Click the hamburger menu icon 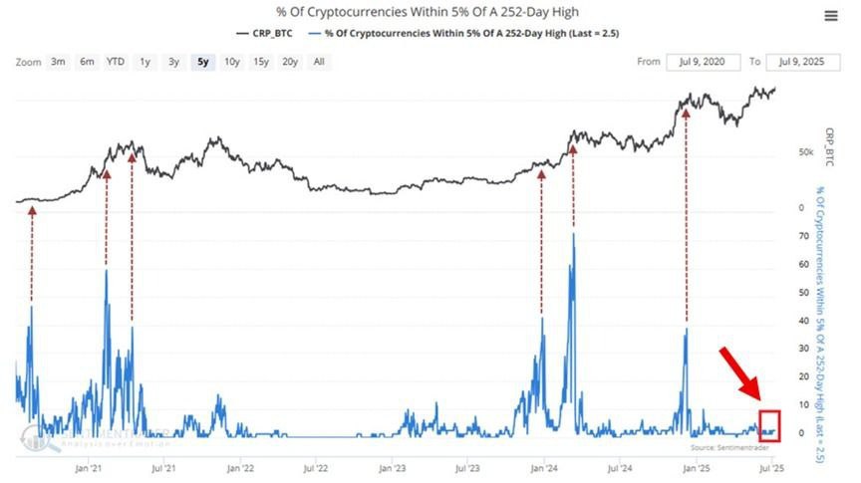[830, 16]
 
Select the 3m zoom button [59, 62]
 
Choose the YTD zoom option [117, 62]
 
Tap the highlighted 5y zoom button [203, 62]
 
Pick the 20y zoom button [290, 62]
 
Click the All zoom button [319, 62]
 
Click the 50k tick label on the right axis [806, 152]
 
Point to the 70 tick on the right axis [802, 237]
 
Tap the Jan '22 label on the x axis [240, 466]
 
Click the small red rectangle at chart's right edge [768, 425]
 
